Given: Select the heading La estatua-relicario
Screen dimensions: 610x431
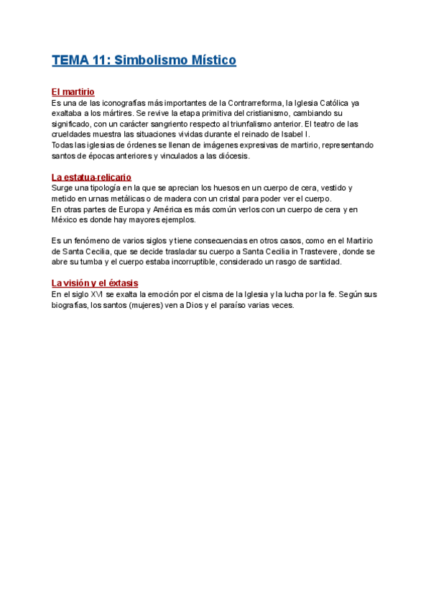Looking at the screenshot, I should pyautogui.click(x=91, y=177).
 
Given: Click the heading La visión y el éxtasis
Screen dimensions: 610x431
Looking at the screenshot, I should pyautogui.click(x=95, y=283).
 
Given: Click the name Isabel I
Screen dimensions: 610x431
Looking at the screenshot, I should pyautogui.click(x=296, y=134).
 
